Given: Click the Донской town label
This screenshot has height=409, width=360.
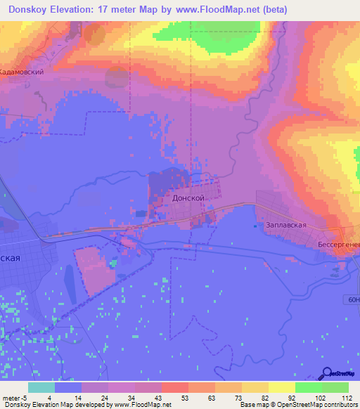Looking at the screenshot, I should pos(188,199).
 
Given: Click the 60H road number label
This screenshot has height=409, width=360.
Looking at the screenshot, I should pos(354,300).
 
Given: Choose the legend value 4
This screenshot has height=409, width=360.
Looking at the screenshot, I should pos(49,397).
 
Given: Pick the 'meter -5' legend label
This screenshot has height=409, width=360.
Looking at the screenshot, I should pos(13,397).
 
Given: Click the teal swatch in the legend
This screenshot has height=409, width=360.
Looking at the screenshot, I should pos(41,387).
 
